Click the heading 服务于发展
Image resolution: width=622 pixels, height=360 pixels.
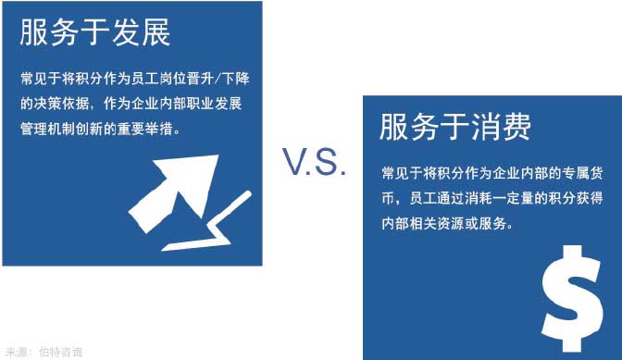(x=95, y=32)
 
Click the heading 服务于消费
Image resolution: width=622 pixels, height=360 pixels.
(x=454, y=126)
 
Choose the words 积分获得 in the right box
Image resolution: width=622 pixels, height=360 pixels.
(x=578, y=199)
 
